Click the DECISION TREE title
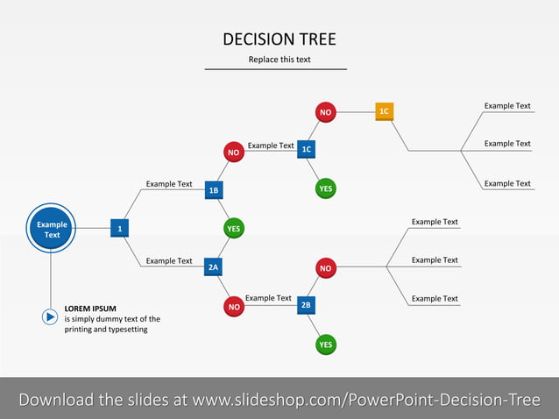(x=279, y=39)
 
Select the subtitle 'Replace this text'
(x=279, y=60)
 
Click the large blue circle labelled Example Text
(x=52, y=229)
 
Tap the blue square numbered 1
(x=120, y=229)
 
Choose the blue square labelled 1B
(x=214, y=190)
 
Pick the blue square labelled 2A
(x=214, y=267)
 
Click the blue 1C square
(x=306, y=150)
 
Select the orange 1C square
(x=384, y=111)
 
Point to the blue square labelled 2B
(x=306, y=305)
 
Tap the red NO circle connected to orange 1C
(x=326, y=112)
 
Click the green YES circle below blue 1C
(x=326, y=188)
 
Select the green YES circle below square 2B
(x=326, y=344)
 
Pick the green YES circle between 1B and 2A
(x=233, y=229)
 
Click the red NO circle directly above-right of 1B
(x=233, y=152)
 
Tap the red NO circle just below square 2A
(x=233, y=307)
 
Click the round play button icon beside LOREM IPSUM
(x=51, y=316)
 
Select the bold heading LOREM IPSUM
(x=90, y=309)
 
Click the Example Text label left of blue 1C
(x=271, y=146)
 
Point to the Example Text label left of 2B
(x=268, y=298)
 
